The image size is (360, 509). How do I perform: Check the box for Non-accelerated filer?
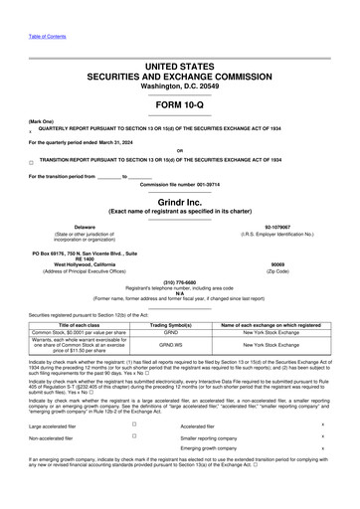pyautogui.click(x=132, y=436)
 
